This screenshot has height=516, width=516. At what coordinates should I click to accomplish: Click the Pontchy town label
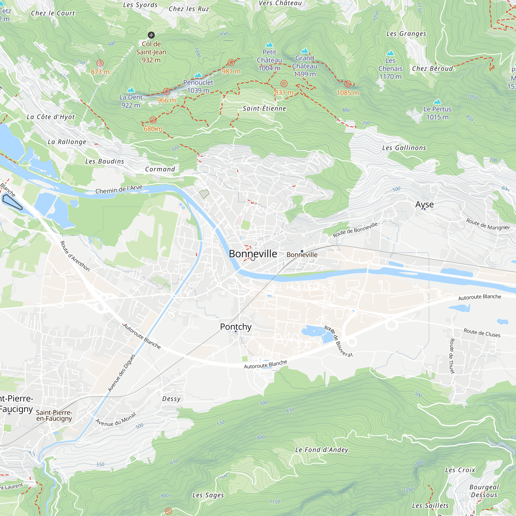pos(236,327)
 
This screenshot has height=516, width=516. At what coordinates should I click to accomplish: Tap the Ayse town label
pos(424,204)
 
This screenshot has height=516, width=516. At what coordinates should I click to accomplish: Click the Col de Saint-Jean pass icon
pos(151,35)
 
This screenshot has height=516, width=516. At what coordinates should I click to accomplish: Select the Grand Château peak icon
pos(304,51)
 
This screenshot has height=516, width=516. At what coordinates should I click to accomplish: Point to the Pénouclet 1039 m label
pos(198,86)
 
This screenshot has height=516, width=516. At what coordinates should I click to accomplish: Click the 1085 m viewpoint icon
pos(348,84)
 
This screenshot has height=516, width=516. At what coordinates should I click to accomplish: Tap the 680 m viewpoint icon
pos(153,120)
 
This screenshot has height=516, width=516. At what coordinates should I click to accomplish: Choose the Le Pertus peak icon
pos(437,101)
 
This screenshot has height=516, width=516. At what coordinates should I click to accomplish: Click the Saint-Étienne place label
pos(264,108)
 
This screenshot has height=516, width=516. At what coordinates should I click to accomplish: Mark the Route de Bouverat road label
pos(338,341)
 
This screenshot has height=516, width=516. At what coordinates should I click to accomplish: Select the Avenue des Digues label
pos(122,373)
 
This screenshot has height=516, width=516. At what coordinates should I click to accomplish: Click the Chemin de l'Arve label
pos(119,189)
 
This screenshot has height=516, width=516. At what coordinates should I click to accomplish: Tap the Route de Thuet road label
pos(452,356)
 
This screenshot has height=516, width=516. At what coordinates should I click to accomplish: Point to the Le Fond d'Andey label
pos(321,450)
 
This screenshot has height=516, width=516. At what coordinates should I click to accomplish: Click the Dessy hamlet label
pos(171,399)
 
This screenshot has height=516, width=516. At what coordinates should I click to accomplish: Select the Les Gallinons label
pos(404,148)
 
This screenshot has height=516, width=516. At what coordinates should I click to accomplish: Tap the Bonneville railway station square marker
pos(302,251)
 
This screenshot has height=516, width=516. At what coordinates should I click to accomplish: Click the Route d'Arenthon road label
pos(75,256)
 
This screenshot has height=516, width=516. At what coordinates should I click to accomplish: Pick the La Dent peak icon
pos(131,90)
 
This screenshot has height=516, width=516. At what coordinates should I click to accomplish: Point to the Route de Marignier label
pos(488,224)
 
